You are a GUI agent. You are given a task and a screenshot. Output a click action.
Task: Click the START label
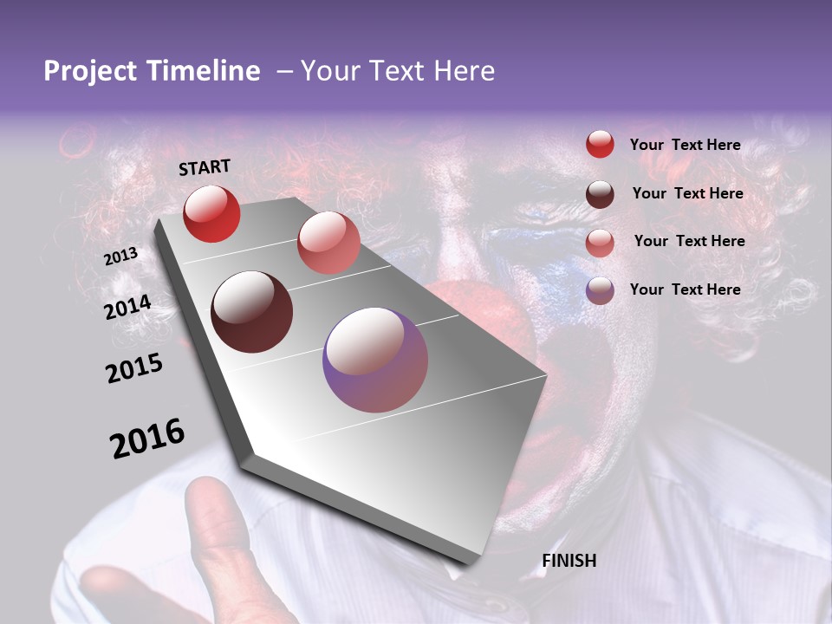(205, 167)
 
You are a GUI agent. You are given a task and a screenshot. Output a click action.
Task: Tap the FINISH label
(569, 561)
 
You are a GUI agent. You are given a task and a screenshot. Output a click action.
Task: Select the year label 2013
(121, 257)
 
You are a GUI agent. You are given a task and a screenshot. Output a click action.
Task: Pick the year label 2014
(128, 308)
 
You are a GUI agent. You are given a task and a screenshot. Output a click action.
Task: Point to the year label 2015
(134, 368)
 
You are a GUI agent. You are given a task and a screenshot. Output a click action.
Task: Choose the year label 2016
(147, 439)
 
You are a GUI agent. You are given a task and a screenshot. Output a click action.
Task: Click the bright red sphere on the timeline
(211, 213)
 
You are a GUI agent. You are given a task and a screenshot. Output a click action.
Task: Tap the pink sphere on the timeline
(328, 243)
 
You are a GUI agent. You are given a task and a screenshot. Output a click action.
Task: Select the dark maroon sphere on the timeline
(251, 311)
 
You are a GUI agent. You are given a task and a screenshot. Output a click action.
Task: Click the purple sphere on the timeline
(375, 360)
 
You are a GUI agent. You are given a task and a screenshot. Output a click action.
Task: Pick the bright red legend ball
(600, 145)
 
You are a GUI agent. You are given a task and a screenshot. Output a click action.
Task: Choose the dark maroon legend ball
(600, 194)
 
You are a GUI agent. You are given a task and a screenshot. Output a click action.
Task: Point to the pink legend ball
(600, 242)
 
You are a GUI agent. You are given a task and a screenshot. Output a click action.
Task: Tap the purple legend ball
(600, 290)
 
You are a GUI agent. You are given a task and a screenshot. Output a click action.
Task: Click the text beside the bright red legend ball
(685, 146)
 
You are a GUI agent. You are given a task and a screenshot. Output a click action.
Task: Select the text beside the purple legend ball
(685, 289)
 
